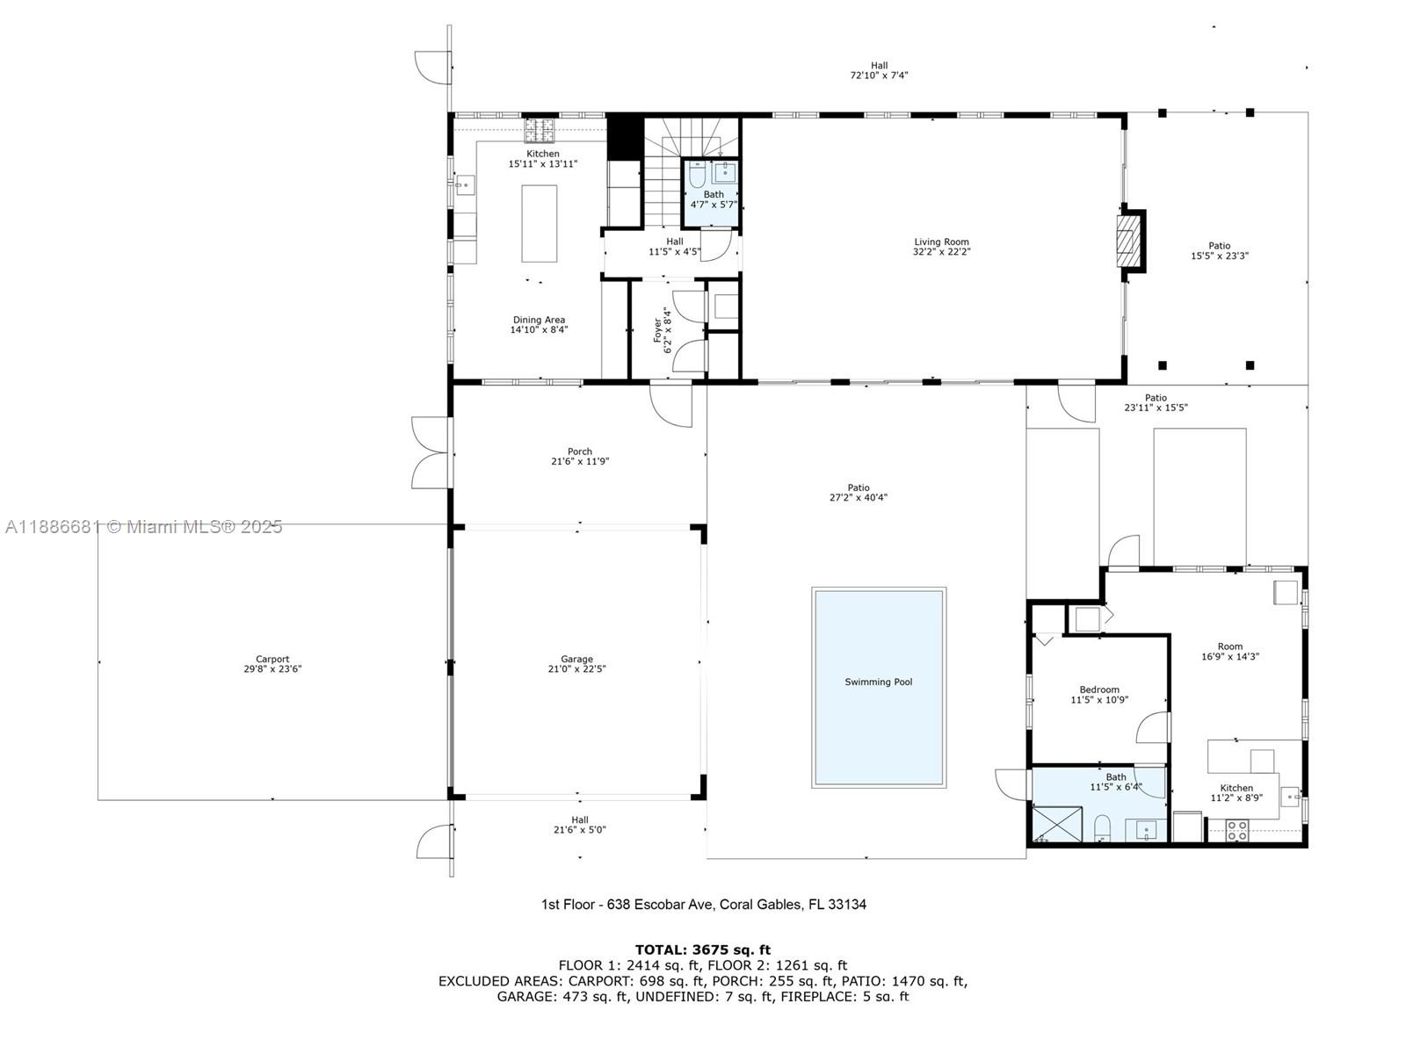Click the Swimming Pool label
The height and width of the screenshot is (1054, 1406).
pyautogui.click(x=878, y=682)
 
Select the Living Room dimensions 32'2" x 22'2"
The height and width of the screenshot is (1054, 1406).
pyautogui.click(x=941, y=252)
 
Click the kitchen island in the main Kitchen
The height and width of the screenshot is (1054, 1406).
pyautogui.click(x=540, y=223)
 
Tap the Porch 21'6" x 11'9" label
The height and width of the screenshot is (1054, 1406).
pyautogui.click(x=579, y=456)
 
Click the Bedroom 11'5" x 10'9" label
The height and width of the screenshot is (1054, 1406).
pyautogui.click(x=1098, y=695)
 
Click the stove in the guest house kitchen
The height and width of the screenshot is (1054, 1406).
pyautogui.click(x=1237, y=830)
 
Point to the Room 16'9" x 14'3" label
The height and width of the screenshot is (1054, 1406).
pyautogui.click(x=1229, y=651)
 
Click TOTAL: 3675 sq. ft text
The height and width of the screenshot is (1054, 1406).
pyautogui.click(x=702, y=949)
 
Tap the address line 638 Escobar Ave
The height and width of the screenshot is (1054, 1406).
pyautogui.click(x=703, y=904)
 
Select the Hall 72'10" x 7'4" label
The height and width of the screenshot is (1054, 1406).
pyautogui.click(x=879, y=70)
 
